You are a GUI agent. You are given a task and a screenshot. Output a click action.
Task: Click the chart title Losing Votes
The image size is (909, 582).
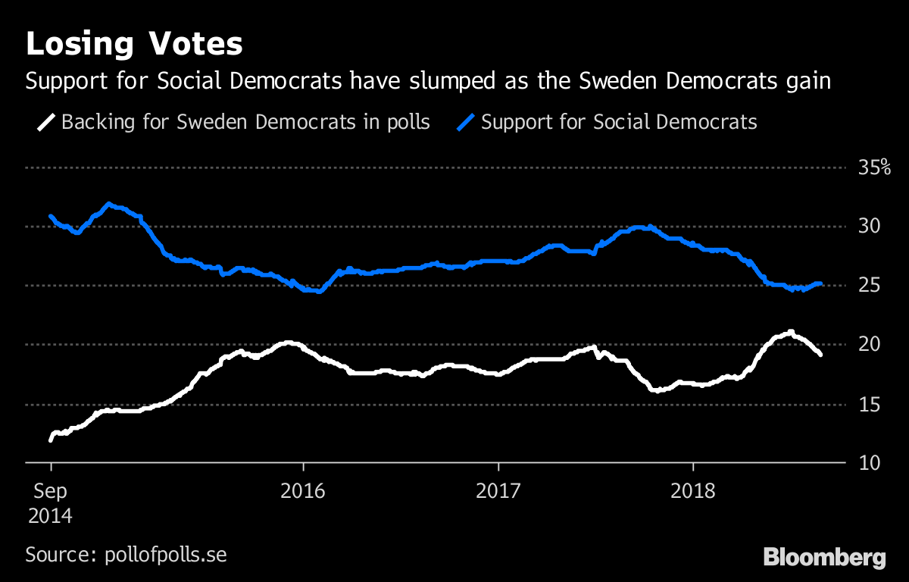tap(134, 45)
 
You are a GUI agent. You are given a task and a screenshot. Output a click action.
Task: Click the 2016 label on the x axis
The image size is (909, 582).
tap(302, 491)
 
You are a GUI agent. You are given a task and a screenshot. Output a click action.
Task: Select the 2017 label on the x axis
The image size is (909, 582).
tap(498, 491)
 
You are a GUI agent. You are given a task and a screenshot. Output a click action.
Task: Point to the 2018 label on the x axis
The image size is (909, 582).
tap(692, 491)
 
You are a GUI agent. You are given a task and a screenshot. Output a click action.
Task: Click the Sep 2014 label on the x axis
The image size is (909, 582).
tap(50, 503)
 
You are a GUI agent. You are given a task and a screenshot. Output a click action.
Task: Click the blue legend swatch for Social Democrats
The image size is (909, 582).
tap(467, 122)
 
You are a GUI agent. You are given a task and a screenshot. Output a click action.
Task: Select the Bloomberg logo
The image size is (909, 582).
tap(824, 559)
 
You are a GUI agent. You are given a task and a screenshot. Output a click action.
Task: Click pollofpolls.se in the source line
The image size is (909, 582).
tap(164, 554)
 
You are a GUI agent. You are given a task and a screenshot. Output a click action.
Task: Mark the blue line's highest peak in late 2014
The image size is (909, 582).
tap(109, 203)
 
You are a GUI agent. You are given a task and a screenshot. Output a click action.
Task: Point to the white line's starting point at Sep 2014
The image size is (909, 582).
tap(51, 440)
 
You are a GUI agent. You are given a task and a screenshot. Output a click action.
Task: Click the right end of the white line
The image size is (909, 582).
tap(820, 354)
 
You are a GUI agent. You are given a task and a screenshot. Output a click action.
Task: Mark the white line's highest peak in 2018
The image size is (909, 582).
tap(790, 331)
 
